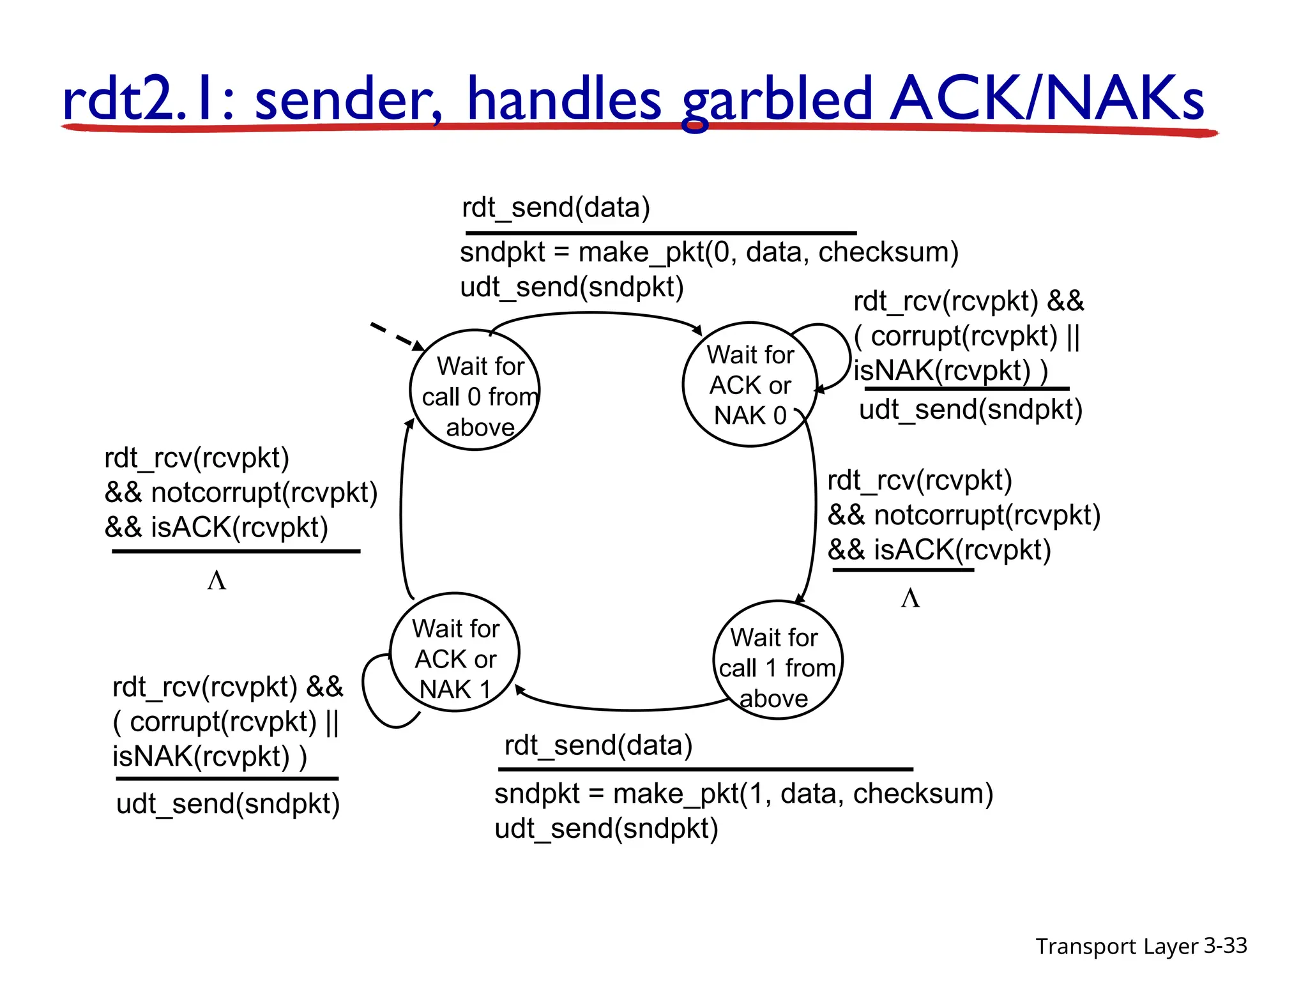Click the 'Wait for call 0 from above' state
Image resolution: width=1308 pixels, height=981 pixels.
click(x=475, y=390)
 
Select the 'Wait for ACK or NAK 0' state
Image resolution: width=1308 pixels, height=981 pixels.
click(x=750, y=384)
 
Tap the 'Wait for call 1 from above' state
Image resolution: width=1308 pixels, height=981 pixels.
click(x=777, y=660)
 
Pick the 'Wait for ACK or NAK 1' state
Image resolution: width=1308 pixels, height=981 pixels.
click(x=455, y=653)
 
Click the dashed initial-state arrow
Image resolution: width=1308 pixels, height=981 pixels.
click(x=396, y=337)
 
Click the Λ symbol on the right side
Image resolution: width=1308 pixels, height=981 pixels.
click(x=910, y=598)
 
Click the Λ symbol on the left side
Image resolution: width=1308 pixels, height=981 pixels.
click(x=217, y=581)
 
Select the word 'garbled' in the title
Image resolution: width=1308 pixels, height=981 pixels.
click(x=777, y=100)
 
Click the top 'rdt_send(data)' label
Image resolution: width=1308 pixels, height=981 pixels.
click(x=556, y=208)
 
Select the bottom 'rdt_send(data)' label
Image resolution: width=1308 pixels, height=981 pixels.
click(x=598, y=745)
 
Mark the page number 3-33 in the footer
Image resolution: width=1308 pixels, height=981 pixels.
click(x=1225, y=945)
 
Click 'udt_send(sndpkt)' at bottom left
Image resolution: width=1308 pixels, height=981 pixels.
click(x=228, y=803)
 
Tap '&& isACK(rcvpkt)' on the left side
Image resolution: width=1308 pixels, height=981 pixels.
click(x=217, y=528)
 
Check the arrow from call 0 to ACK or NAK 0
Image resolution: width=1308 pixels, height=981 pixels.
click(x=594, y=314)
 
